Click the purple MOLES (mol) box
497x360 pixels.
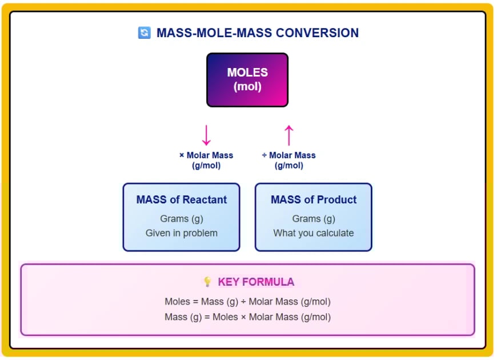coord(247,80)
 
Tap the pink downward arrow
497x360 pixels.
coord(206,135)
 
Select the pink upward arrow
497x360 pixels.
coord(288,135)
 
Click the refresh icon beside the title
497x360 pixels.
coord(144,33)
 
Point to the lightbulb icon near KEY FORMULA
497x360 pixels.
coord(207,282)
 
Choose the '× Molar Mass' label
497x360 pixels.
coord(206,155)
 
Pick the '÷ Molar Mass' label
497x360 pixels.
coord(288,155)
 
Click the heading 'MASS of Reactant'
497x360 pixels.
coord(182,200)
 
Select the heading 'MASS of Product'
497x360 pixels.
coord(314,200)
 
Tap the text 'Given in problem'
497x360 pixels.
coord(182,233)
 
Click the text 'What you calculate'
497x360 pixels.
coord(314,233)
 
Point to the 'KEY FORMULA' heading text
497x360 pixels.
coord(256,282)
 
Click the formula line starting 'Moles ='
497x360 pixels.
coord(247,302)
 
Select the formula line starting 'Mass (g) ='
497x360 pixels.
coord(247,317)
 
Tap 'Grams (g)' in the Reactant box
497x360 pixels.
coord(182,219)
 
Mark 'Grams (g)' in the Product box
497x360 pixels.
coord(314,219)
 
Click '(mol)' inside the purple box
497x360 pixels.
coord(247,87)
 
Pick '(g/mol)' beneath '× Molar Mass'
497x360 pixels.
coord(206,166)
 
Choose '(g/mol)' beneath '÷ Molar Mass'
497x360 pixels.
coord(288,166)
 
